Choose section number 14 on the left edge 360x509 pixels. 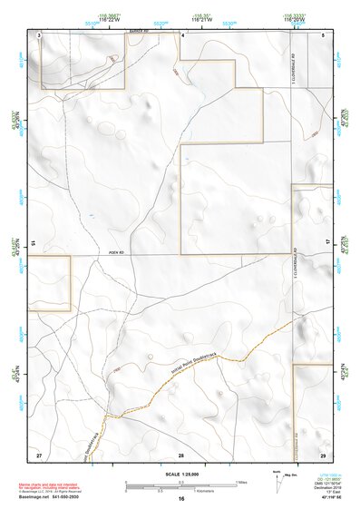pyautogui.click(x=33, y=243)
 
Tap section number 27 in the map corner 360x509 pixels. pyautogui.click(x=39, y=453)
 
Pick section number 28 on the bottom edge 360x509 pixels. pyautogui.click(x=181, y=454)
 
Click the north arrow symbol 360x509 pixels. pyautogui.click(x=277, y=478)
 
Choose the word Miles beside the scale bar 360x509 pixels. pyautogui.click(x=242, y=481)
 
